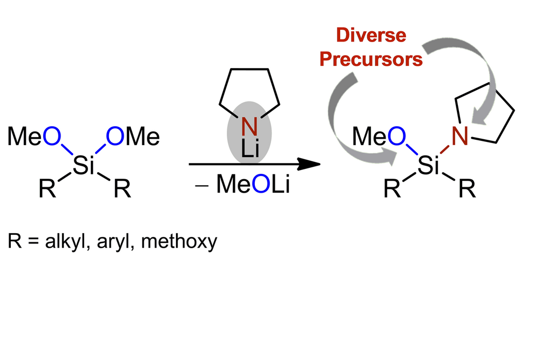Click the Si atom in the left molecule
coord(83,168)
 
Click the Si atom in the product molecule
coord(428,168)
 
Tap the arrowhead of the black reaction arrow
coord(308,164)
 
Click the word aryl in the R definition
coord(118,241)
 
